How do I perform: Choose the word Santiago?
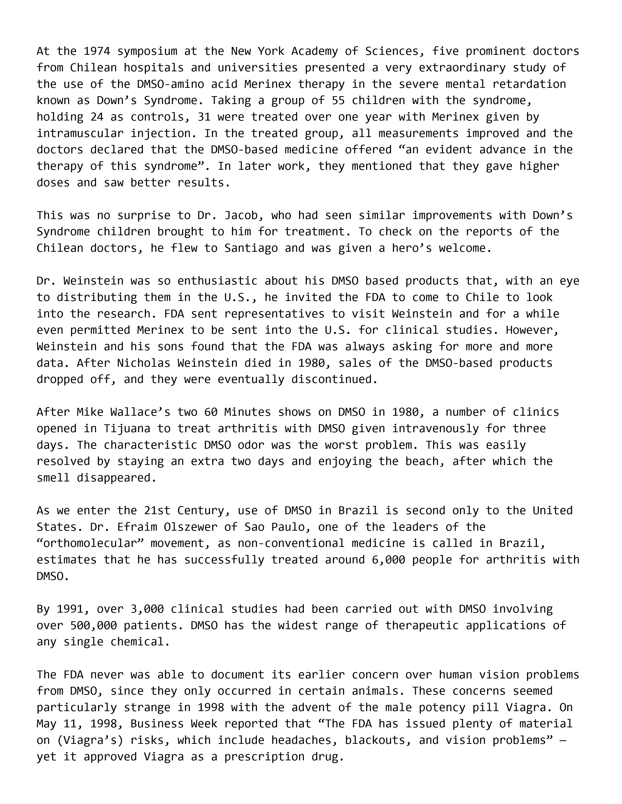pos(251,248)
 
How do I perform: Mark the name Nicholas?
pos(144,363)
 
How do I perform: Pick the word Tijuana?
pos(127,428)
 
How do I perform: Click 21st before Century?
pos(154,511)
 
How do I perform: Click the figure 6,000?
pos(388,560)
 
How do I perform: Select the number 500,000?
pos(93,625)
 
